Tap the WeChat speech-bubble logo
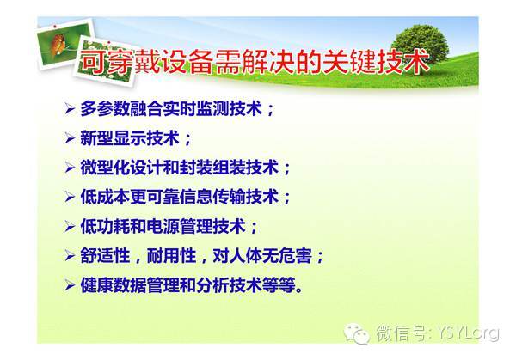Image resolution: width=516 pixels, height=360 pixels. click(357, 333)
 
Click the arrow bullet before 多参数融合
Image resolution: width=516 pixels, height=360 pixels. click(70, 108)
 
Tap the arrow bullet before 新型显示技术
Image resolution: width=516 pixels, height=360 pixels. click(70, 138)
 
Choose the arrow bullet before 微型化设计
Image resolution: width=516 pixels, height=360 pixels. click(70, 168)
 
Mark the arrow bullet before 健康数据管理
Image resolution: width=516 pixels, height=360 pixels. click(70, 285)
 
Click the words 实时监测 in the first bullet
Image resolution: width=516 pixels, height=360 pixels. click(196, 108)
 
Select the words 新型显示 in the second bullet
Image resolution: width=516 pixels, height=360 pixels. click(114, 138)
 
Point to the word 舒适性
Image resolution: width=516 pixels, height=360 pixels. click(105, 255)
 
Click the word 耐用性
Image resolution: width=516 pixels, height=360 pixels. click(171, 255)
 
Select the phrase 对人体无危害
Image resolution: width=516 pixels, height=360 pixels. click(262, 255)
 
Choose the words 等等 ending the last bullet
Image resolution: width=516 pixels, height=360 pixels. click(279, 285)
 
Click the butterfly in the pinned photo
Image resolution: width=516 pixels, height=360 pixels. click(59, 43)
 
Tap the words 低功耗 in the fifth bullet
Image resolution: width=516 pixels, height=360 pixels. click(105, 226)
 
